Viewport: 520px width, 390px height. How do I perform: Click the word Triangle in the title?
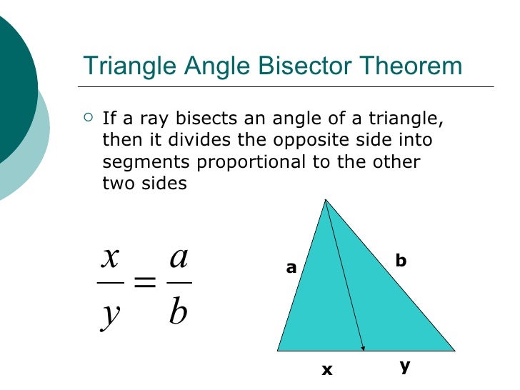pyautogui.click(x=127, y=66)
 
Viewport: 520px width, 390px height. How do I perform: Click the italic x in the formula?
pyautogui.click(x=110, y=257)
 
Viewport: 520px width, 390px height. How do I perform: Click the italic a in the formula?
pyautogui.click(x=179, y=257)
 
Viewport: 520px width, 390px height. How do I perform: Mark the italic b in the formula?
pyautogui.click(x=179, y=311)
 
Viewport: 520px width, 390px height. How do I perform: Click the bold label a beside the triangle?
pyautogui.click(x=291, y=268)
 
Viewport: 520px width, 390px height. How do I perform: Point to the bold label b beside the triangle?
pyautogui.click(x=401, y=261)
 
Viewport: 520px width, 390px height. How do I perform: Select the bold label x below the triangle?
pyautogui.click(x=327, y=370)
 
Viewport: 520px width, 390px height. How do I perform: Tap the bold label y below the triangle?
pyautogui.click(x=404, y=366)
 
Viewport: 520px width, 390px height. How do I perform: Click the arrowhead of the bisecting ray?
pyautogui.click(x=364, y=348)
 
